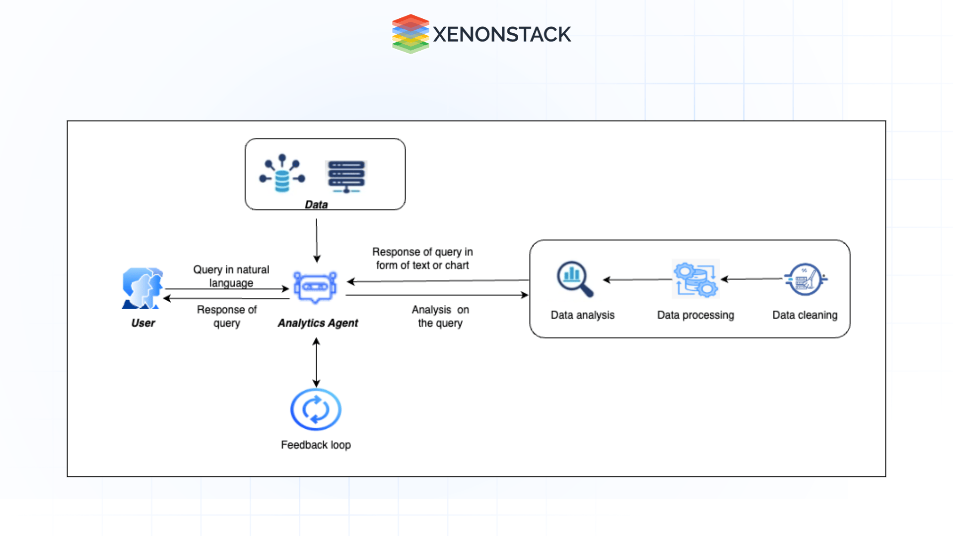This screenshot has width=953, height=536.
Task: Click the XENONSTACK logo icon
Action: tap(410, 34)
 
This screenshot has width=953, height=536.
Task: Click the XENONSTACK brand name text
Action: tap(502, 34)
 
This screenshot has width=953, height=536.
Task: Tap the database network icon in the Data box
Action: tap(282, 173)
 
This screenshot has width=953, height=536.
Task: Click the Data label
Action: tap(316, 204)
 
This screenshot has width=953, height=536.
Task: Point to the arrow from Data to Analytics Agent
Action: tap(317, 240)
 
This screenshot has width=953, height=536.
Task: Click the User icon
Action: tap(142, 288)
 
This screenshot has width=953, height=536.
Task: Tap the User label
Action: tap(143, 323)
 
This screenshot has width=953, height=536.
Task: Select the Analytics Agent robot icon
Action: tap(315, 287)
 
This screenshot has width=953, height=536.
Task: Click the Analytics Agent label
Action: tap(318, 323)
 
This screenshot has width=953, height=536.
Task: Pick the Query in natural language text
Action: tap(231, 276)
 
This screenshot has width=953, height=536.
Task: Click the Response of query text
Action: tap(227, 316)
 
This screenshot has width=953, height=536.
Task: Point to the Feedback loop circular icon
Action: tap(316, 409)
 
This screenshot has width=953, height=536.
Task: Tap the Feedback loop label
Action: tap(316, 445)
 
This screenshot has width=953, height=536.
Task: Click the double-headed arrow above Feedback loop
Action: tap(316, 363)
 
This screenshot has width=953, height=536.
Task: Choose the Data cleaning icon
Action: tap(805, 279)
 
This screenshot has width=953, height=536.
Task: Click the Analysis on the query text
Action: tap(440, 316)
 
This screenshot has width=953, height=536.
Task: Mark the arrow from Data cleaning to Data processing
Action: tap(751, 279)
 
